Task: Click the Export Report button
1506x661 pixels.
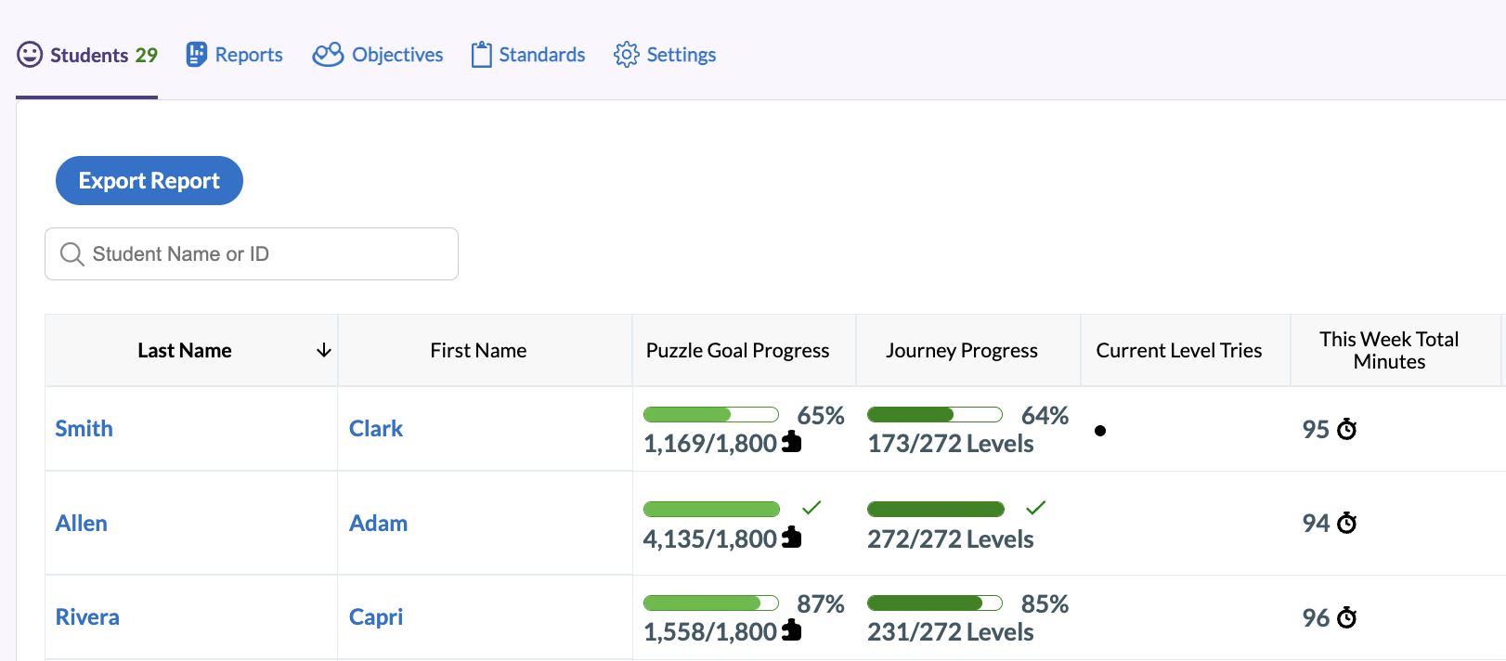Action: [149, 181]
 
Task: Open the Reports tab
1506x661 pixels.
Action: [234, 55]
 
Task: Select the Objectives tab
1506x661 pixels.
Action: [378, 55]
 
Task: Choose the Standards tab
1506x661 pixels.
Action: [527, 55]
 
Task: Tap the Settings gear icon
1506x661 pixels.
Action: [627, 55]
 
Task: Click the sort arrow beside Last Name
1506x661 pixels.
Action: [324, 350]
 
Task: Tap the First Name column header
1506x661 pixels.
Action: [478, 350]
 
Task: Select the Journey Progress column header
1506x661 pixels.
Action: [961, 350]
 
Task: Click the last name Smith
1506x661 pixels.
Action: [84, 429]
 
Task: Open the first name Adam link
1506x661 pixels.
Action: [378, 524]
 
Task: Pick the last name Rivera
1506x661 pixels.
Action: [87, 617]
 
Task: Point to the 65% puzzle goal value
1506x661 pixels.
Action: [821, 416]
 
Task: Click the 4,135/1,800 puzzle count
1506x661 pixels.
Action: [710, 539]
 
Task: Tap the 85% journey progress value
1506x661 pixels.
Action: [1045, 604]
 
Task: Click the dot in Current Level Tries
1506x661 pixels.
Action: [1100, 431]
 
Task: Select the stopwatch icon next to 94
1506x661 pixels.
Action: [1346, 524]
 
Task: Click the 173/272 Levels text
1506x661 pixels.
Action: [950, 444]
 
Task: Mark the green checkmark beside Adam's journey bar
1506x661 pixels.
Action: [1035, 507]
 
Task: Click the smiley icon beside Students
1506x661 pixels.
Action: [30, 55]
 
